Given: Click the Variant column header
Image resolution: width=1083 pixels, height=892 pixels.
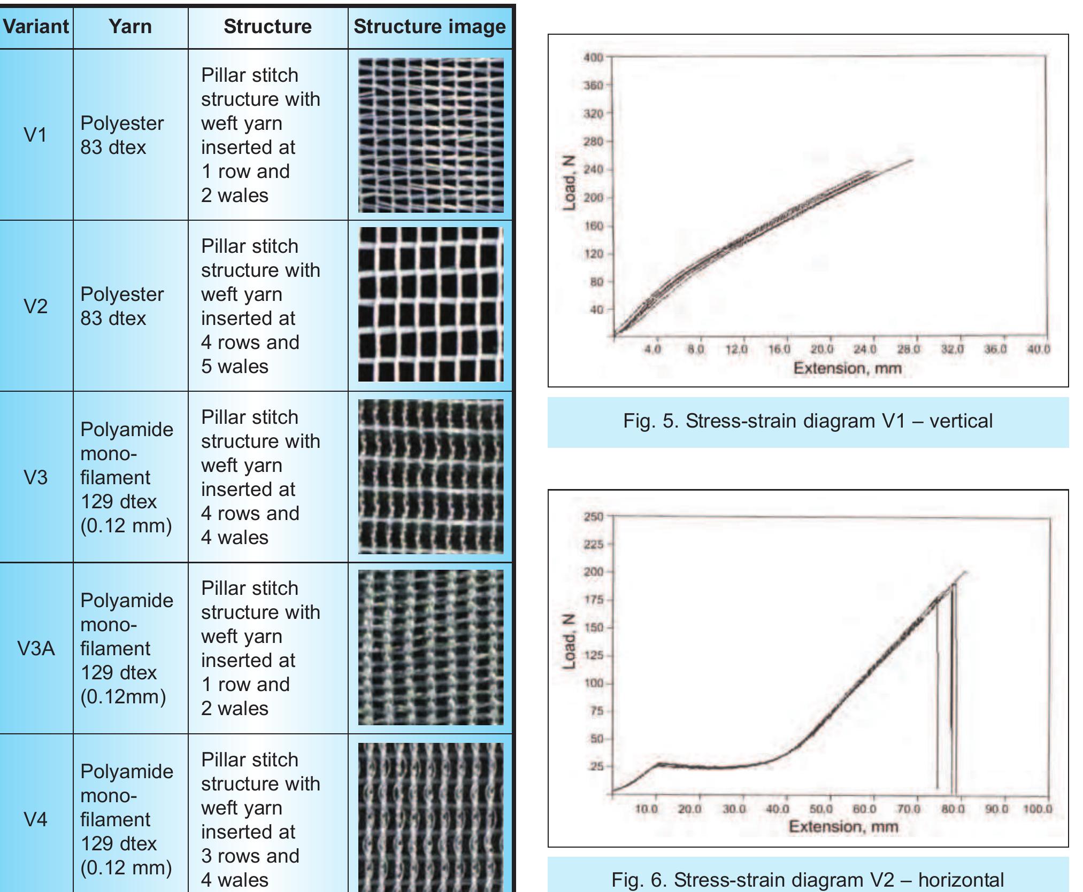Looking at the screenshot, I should coord(36,26).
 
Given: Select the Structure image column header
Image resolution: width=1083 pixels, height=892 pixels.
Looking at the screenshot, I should coord(429,26).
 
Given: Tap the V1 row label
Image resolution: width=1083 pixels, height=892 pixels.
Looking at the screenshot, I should coord(35,135).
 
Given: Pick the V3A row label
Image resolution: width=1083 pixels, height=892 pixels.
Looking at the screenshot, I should coord(36,648).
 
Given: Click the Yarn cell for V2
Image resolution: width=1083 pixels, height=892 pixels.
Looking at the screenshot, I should coord(122,306).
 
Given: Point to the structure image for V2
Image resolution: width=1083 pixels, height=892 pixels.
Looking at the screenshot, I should coord(431,304).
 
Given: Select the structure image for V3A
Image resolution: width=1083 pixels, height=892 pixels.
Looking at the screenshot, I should coord(431,647).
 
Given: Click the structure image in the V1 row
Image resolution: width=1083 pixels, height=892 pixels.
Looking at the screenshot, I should coord(431,135).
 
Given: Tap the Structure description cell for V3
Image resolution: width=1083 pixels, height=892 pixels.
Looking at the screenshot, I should coord(260,477).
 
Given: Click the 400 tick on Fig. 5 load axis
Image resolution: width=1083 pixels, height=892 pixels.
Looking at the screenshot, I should coord(593,57).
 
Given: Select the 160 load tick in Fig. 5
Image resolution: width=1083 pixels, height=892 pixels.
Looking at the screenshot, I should coord(593,226).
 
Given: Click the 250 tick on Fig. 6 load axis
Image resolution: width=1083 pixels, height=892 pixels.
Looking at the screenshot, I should coord(593,517).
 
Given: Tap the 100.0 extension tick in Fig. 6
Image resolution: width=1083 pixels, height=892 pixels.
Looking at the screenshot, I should coord(1037,809).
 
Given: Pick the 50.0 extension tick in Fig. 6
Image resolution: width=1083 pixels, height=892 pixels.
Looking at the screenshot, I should coord(820,809).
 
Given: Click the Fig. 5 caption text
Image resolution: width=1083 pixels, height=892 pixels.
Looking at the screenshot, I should coord(808,421).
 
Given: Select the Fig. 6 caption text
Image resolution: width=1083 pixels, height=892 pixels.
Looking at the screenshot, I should coord(808,879).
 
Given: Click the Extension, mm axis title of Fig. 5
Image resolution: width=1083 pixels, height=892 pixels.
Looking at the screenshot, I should coord(847,368).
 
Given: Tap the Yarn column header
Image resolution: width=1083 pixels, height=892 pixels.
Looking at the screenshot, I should coord(130,26).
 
